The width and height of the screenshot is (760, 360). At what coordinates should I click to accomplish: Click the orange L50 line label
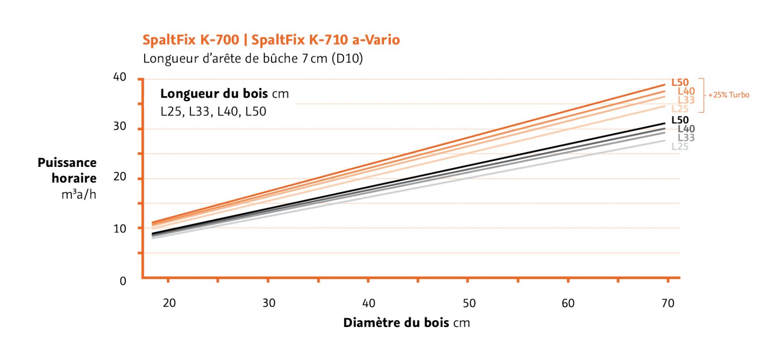click(680, 82)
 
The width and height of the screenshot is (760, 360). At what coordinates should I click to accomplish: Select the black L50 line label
click(680, 120)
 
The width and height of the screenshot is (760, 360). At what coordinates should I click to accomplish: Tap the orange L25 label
click(680, 109)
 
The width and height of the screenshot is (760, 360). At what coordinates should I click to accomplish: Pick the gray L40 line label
click(686, 129)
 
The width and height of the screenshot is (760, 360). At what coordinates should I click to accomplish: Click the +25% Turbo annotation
click(728, 95)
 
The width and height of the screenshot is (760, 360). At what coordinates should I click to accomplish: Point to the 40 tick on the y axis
click(120, 77)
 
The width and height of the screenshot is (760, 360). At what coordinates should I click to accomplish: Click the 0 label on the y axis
click(123, 281)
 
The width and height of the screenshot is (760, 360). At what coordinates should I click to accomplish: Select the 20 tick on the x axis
click(169, 303)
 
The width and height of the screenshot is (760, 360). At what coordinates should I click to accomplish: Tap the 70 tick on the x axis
click(668, 303)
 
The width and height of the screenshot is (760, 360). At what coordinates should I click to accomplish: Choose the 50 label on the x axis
click(469, 303)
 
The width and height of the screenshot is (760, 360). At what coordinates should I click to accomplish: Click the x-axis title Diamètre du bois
click(396, 323)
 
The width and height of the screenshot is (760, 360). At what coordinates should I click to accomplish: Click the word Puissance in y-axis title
click(67, 163)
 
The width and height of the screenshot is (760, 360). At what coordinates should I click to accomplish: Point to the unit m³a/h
click(79, 195)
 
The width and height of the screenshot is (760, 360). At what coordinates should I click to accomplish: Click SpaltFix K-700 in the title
click(190, 40)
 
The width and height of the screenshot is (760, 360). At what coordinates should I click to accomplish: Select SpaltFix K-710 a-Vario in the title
click(325, 40)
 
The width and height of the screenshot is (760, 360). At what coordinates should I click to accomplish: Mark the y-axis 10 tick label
click(120, 229)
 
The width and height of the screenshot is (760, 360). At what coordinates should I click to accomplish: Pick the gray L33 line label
click(686, 137)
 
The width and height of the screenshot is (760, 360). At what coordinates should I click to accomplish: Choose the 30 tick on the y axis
click(120, 126)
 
